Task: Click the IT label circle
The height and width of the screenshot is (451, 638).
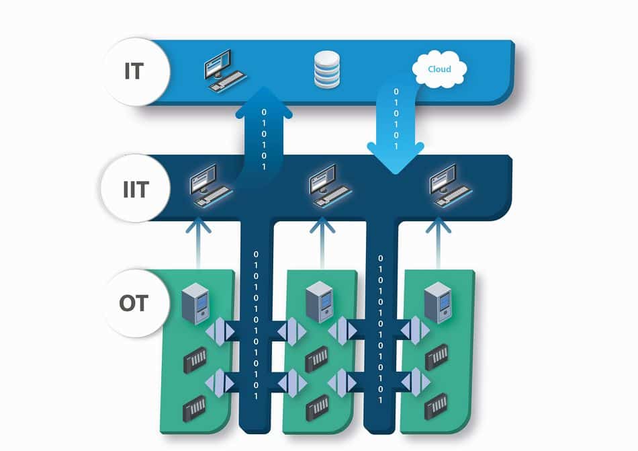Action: [136, 72]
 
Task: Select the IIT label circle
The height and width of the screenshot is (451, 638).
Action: [136, 188]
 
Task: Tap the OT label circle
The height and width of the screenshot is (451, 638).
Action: [136, 303]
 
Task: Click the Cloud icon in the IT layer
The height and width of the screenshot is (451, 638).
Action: [439, 69]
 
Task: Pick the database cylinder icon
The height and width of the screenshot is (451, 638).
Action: [327, 70]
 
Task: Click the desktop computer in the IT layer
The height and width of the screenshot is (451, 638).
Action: [224, 71]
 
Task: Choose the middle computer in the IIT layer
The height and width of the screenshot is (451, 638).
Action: [330, 186]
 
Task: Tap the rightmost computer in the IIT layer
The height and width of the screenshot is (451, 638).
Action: [451, 186]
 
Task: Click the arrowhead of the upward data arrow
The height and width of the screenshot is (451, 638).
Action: [264, 101]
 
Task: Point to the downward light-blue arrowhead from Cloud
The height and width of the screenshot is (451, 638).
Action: [396, 158]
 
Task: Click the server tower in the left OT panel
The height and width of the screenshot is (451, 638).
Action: [195, 304]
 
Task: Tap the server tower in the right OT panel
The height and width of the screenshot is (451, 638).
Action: [438, 303]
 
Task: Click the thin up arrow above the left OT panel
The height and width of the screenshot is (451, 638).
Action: [198, 243]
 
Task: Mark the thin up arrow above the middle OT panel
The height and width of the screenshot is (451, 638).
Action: [322, 243]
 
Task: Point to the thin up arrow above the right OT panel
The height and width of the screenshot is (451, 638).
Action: [439, 243]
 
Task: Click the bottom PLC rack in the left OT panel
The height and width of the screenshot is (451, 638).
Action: [195, 408]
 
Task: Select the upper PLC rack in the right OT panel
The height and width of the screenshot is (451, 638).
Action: [437, 357]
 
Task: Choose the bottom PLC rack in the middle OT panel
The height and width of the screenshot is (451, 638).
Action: [317, 408]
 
